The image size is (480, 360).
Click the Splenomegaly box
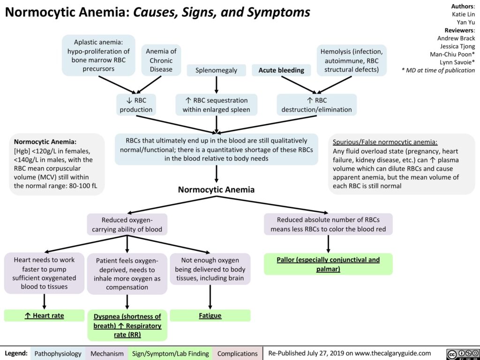216,70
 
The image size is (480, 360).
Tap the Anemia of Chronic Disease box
161,60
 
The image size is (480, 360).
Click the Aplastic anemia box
99,55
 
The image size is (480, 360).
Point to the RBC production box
136,105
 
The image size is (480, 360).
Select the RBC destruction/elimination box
316,105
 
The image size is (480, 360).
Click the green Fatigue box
210,316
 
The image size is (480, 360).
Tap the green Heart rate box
44,316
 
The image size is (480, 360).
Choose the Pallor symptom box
328,264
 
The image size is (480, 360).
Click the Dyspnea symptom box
127,325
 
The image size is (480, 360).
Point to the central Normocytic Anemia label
217,190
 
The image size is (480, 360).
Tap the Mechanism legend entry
107,353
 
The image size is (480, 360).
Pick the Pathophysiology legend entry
58,353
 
